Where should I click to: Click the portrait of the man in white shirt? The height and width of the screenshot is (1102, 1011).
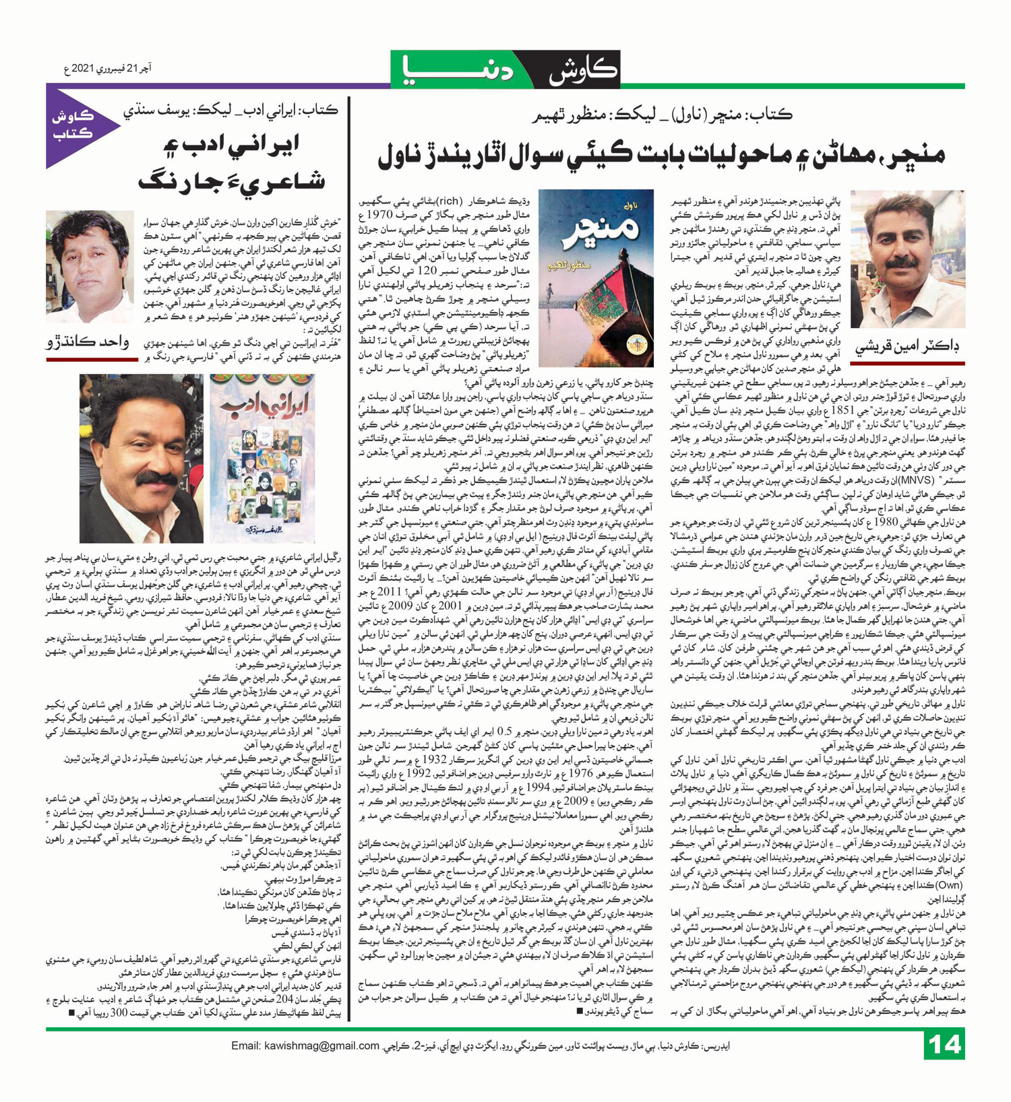tap(89, 267)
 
